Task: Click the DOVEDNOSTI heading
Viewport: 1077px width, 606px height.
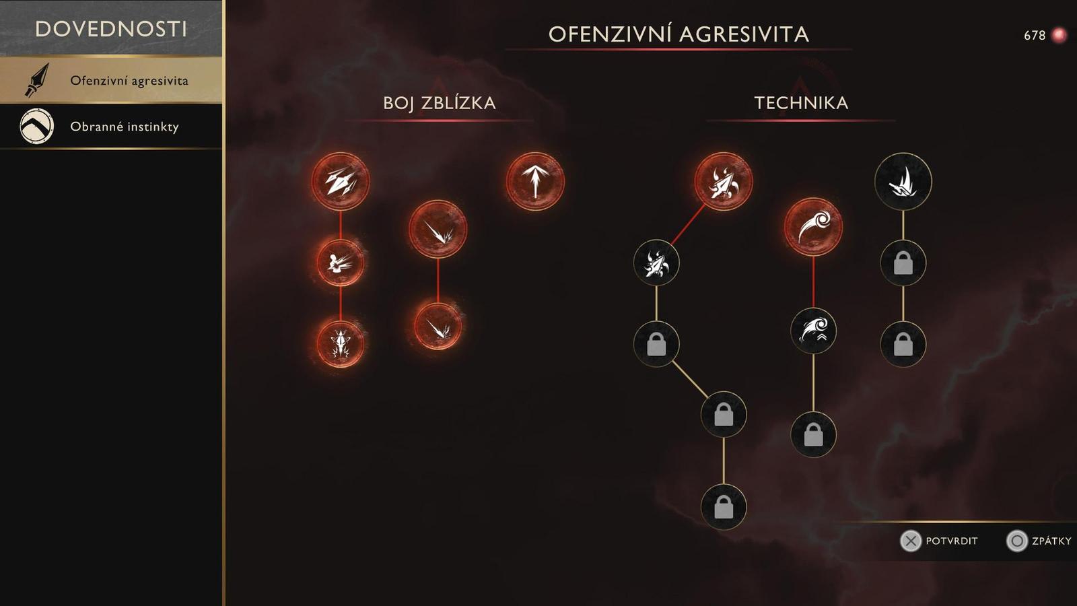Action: (111, 29)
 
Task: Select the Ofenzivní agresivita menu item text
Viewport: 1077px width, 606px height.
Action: (129, 81)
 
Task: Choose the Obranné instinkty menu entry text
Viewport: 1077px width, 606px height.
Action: (125, 127)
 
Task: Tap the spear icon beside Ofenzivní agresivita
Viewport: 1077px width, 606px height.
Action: (37, 80)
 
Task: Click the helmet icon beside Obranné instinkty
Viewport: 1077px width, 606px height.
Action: (37, 127)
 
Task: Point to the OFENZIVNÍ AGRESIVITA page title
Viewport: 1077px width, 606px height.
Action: (679, 34)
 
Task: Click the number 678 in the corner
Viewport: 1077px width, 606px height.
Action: (1034, 35)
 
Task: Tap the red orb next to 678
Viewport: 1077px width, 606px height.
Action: (1059, 35)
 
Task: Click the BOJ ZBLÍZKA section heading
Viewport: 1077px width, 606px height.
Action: (439, 103)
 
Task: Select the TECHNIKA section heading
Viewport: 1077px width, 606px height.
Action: (801, 103)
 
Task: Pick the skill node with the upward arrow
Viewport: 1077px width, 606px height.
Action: (535, 181)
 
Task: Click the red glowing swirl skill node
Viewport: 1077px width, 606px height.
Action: (813, 227)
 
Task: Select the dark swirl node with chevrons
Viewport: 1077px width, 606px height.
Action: (813, 330)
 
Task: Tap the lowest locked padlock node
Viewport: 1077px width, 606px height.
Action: (724, 506)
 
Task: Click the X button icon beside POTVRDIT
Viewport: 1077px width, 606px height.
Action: (911, 541)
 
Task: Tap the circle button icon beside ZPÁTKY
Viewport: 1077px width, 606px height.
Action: (1017, 541)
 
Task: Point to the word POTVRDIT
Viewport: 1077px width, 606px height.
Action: (951, 541)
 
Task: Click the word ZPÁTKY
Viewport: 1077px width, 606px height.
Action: (1051, 541)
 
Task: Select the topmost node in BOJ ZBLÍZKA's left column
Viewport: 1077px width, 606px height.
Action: (341, 181)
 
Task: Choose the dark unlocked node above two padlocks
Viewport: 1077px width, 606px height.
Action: (903, 181)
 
